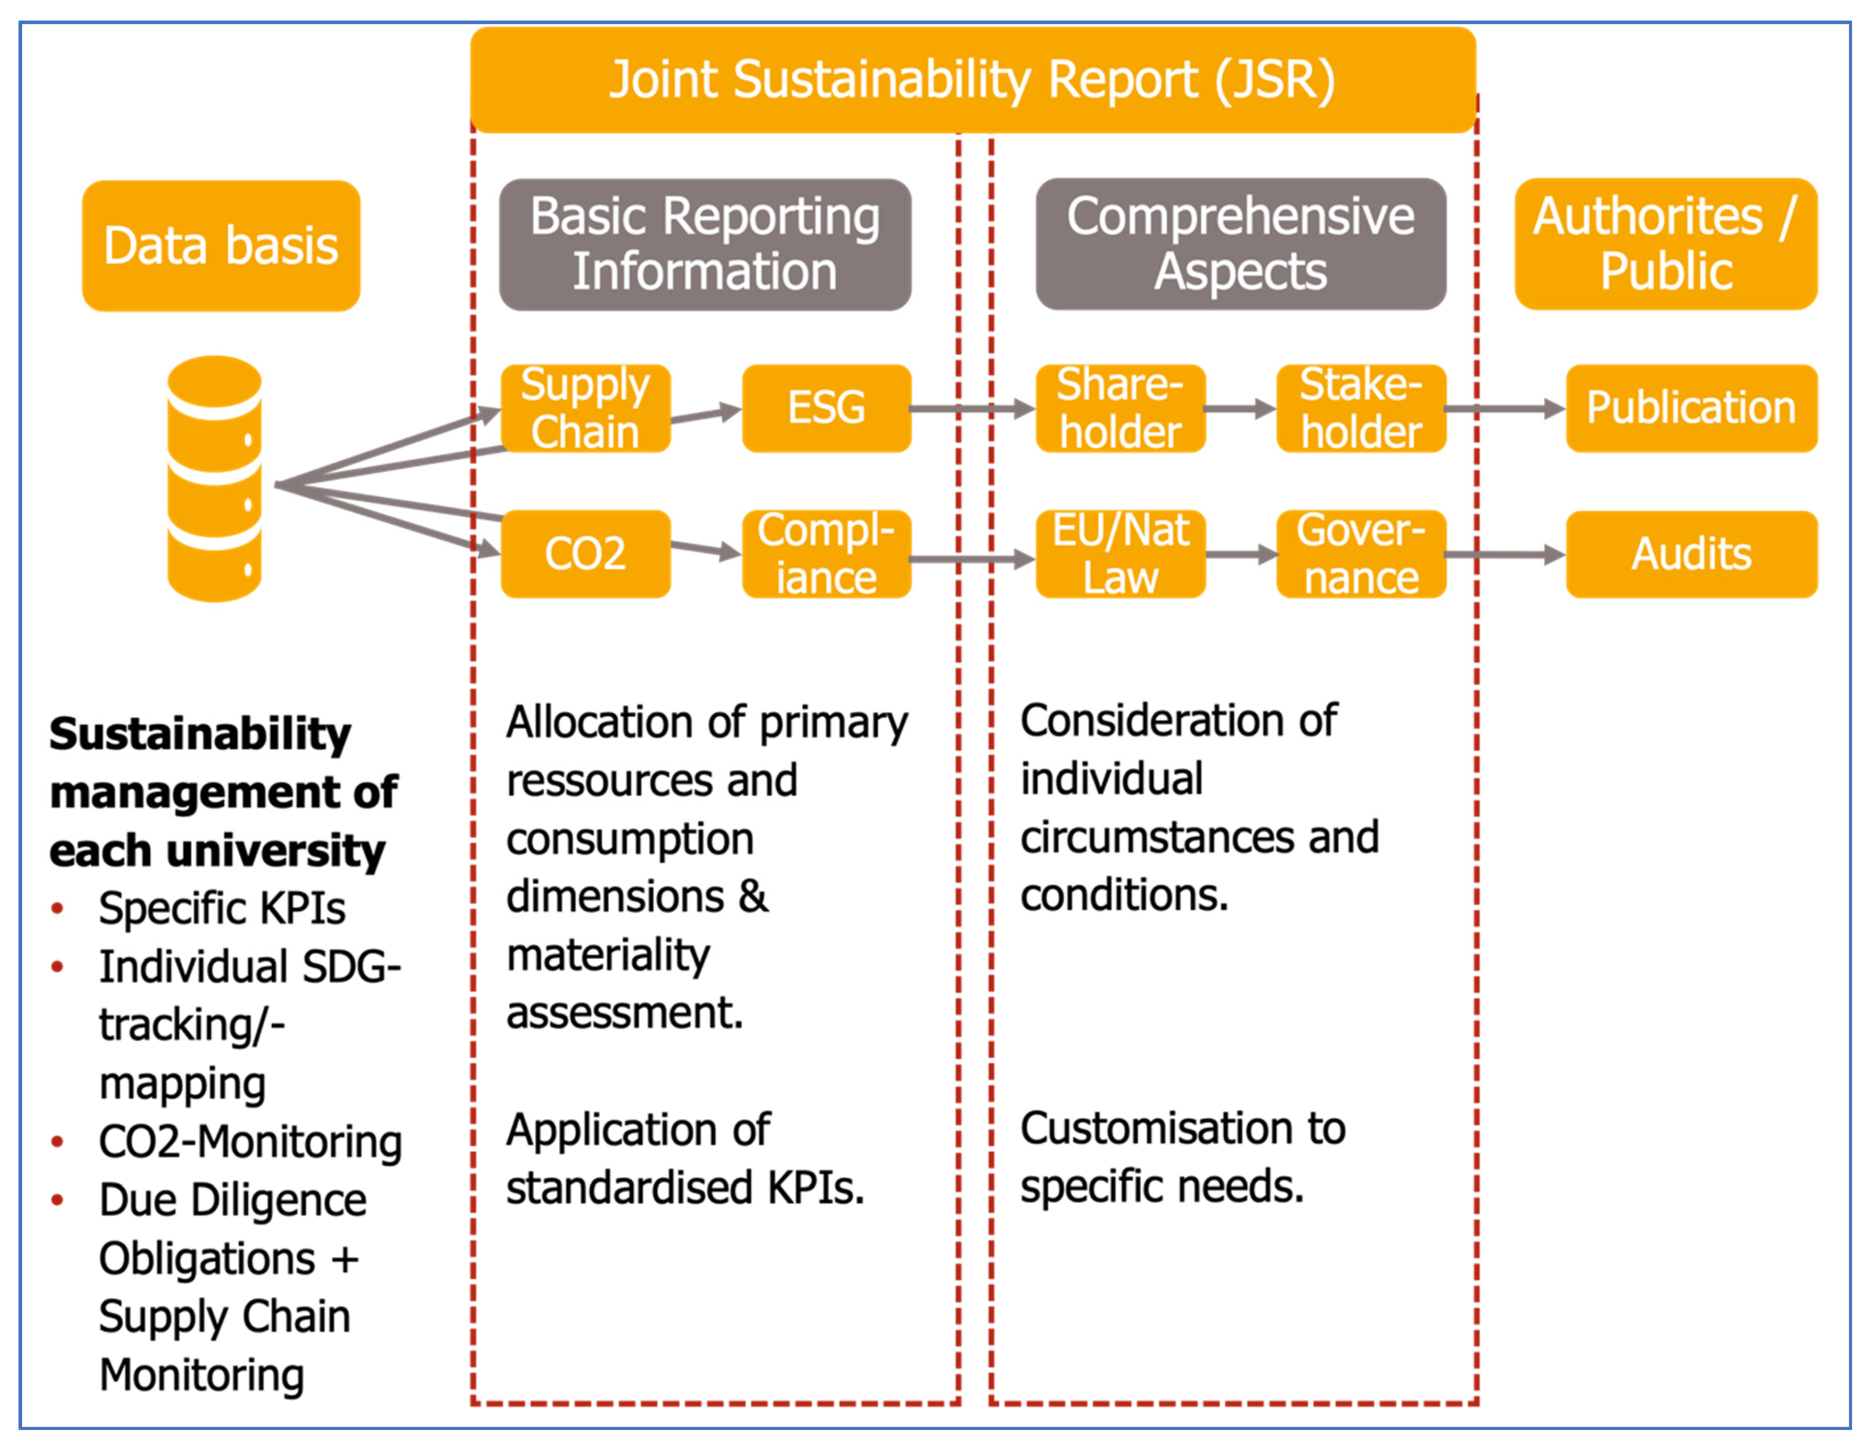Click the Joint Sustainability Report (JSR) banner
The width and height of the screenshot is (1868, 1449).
[973, 80]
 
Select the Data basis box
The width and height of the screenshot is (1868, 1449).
[221, 246]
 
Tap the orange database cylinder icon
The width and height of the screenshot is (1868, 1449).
[214, 479]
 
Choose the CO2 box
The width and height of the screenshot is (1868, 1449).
[585, 554]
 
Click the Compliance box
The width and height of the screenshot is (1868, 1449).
[826, 554]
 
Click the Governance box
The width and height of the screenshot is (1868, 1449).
[1361, 554]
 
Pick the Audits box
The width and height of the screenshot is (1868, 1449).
[1691, 554]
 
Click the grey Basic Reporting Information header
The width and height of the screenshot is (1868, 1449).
[705, 244]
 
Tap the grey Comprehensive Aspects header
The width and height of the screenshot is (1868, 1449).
[1240, 244]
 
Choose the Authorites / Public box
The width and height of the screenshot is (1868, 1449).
[1665, 244]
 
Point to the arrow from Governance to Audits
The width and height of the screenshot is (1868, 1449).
[1505, 556]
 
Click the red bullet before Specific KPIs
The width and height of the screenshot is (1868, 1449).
[57, 908]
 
